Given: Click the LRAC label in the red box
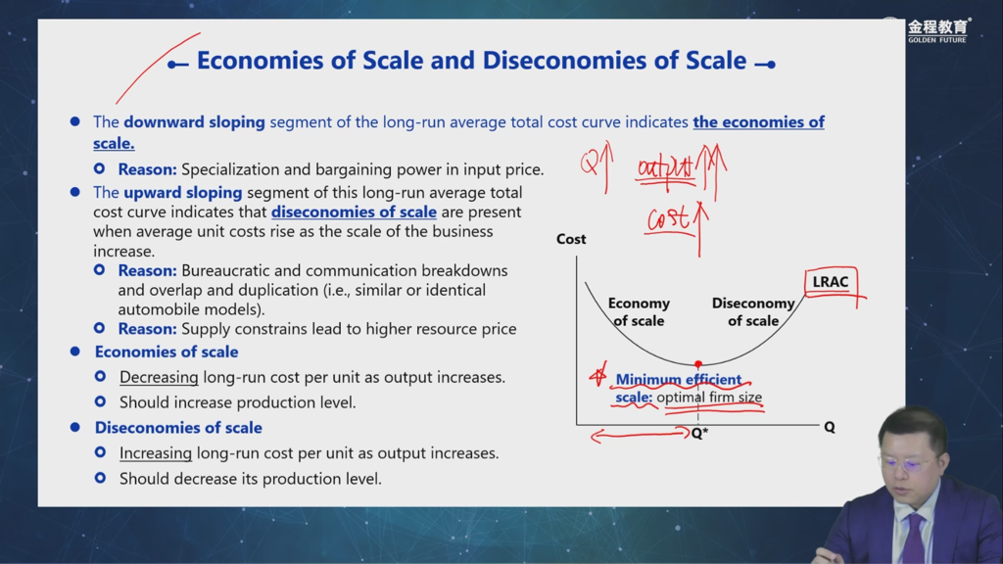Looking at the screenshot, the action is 831,282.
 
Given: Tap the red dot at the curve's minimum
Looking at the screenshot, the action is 697,364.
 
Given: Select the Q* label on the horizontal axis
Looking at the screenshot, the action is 699,434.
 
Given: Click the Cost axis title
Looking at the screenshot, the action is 571,239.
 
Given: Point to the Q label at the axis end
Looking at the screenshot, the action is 830,427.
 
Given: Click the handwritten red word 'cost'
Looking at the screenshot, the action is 668,218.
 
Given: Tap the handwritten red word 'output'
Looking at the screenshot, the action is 665,168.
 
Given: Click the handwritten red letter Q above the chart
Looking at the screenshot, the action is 589,164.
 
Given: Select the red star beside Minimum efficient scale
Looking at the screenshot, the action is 598,376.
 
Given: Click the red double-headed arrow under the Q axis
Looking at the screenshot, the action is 641,436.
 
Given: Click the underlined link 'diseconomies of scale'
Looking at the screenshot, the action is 354,212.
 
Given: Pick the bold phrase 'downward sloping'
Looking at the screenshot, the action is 195,122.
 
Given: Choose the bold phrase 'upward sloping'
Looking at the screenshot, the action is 183,193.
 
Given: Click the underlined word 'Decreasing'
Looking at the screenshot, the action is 159,377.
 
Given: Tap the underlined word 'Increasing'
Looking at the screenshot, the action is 156,453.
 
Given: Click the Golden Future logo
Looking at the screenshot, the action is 938,30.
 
